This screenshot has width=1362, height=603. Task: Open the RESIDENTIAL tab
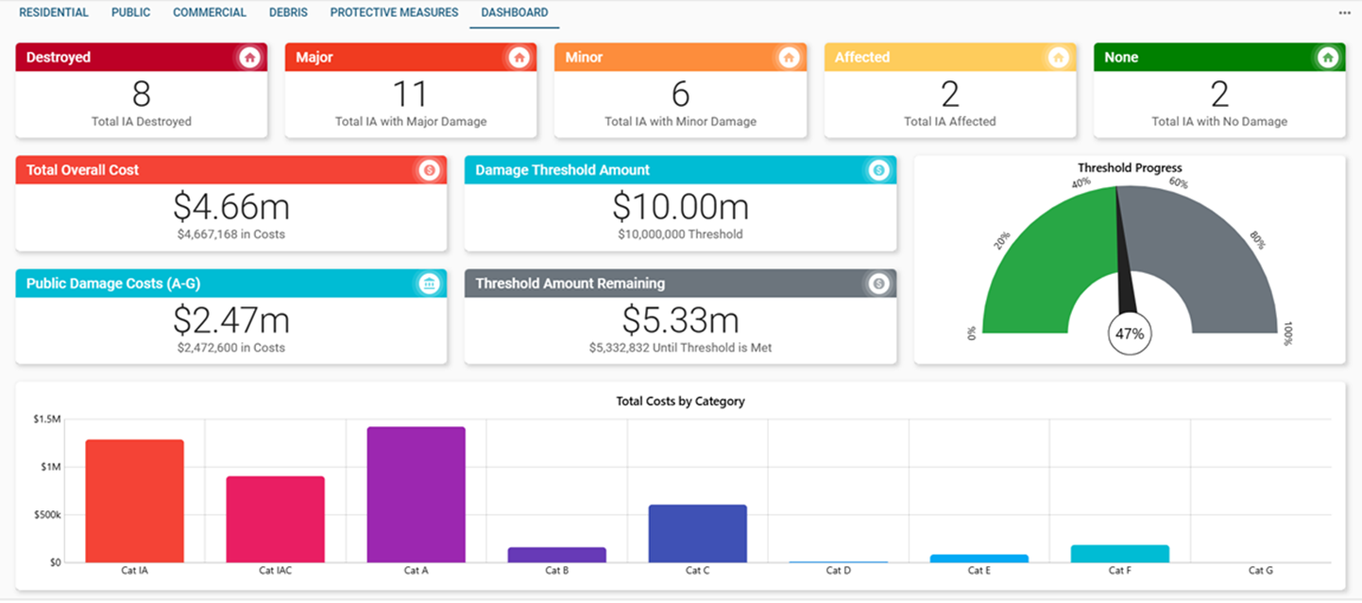[x=54, y=13]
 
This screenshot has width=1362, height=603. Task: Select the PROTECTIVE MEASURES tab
[x=394, y=13]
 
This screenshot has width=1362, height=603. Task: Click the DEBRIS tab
[x=288, y=13]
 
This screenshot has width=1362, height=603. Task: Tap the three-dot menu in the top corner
[x=1344, y=13]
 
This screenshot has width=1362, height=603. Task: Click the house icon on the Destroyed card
[x=249, y=58]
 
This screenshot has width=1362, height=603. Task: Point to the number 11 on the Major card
[x=411, y=94]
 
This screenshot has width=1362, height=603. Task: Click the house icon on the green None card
[x=1327, y=58]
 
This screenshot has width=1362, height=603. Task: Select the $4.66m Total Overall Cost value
[x=231, y=206]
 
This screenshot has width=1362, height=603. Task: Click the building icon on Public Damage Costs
[x=429, y=284]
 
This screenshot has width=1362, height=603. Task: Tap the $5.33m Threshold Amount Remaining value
[x=680, y=320]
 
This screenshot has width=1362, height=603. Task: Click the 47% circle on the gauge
[x=1130, y=334]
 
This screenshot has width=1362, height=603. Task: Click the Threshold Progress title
[x=1130, y=168]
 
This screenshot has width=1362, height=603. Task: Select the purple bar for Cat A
[x=416, y=494]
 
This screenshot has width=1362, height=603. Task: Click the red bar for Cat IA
[x=134, y=501]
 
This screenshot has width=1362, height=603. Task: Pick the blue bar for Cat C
[x=697, y=534]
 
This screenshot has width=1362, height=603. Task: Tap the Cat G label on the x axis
[x=1260, y=571]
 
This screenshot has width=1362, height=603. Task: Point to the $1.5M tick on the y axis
[x=46, y=419]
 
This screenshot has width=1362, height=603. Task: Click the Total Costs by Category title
[x=680, y=402]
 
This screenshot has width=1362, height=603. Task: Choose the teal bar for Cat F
[x=1119, y=554]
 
